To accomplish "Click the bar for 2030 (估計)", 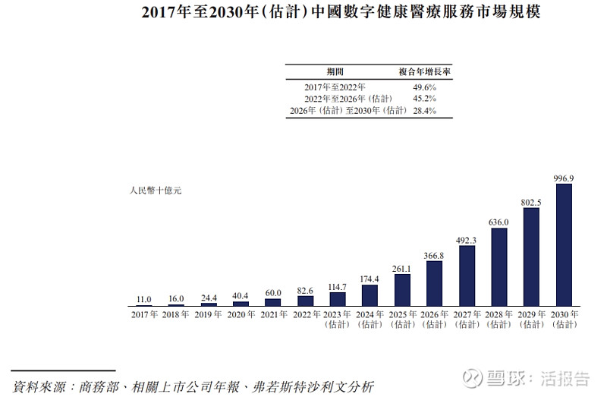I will click(564, 244).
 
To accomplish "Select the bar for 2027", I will click(467, 276).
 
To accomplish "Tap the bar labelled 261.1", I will click(402, 290).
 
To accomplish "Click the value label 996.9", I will click(564, 178).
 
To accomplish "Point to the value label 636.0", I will click(499, 222).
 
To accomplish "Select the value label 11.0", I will click(143, 299).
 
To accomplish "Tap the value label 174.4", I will click(370, 279).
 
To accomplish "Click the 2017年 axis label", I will click(144, 314).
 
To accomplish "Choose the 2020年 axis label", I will click(241, 314).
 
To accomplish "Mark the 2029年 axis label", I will click(531, 314).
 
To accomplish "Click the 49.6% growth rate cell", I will click(425, 87).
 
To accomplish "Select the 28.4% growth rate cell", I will click(425, 111).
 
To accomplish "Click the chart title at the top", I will click(303, 13).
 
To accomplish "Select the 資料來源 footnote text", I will click(193, 386).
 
